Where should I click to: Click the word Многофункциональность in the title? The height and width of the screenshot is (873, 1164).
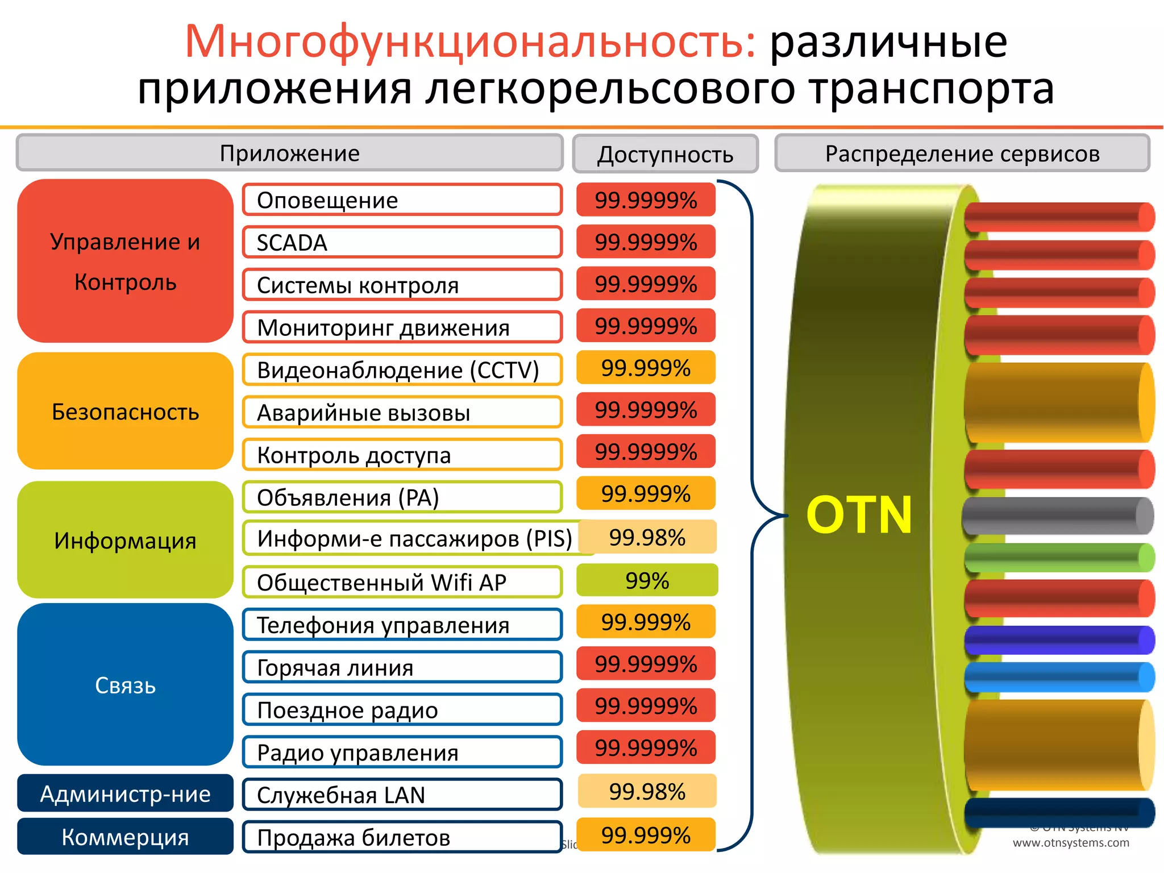[x=471, y=42]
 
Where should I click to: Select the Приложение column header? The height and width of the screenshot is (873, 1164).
[x=289, y=153]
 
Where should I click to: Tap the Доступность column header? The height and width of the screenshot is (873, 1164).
[x=665, y=155]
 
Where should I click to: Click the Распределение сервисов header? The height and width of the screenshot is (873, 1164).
[x=962, y=153]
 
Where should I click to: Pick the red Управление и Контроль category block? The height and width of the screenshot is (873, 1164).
[x=125, y=261]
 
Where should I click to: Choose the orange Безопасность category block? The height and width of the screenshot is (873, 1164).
[x=125, y=411]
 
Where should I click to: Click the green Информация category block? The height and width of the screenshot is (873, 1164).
[x=125, y=540]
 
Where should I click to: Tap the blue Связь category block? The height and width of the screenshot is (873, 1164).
[x=125, y=685]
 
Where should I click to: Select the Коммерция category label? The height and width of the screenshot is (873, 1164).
[x=125, y=837]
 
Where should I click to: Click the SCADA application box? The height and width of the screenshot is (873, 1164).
[x=402, y=243]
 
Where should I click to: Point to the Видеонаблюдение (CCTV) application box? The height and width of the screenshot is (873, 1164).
[x=402, y=370]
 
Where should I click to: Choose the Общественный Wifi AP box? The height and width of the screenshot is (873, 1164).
[x=402, y=582]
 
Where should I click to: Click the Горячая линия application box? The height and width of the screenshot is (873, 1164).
[x=402, y=667]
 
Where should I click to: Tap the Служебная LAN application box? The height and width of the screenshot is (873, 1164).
[x=402, y=795]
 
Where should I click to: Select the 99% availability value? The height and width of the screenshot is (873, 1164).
[x=647, y=580]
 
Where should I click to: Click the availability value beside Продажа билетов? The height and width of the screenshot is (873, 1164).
[x=646, y=835]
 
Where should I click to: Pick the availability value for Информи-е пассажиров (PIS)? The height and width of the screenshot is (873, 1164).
[x=647, y=537]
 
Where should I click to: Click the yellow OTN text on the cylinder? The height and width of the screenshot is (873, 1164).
[x=859, y=515]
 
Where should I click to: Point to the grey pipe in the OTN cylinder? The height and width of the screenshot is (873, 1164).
[x=1057, y=516]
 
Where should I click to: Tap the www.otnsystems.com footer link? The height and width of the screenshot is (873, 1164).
[x=1071, y=843]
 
